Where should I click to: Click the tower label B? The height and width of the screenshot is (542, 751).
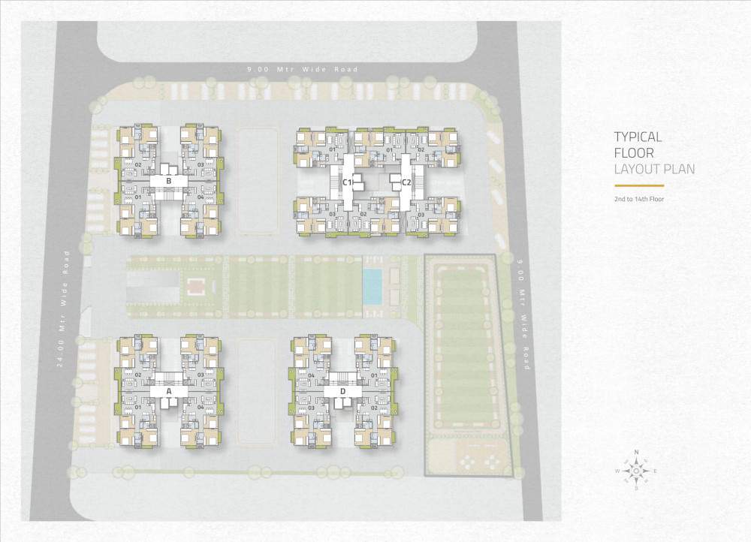click(169, 181)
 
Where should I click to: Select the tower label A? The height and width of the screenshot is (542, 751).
click(169, 391)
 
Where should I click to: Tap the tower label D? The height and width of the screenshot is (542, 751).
click(342, 391)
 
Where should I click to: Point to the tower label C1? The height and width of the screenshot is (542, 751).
click(348, 182)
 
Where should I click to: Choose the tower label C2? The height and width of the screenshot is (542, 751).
click(406, 182)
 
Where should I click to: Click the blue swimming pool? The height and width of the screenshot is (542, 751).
click(372, 286)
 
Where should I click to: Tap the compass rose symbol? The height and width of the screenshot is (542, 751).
click(636, 471)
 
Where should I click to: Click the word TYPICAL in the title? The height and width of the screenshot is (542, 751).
click(638, 137)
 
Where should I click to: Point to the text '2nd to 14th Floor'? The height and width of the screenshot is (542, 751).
click(639, 199)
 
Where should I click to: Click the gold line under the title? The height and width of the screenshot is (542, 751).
click(639, 185)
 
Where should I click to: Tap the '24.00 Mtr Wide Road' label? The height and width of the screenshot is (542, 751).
click(67, 307)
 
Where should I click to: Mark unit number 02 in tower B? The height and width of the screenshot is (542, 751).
click(138, 164)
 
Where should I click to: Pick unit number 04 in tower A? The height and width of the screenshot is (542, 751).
click(201, 407)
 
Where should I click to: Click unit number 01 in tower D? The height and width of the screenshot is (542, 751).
click(374, 375)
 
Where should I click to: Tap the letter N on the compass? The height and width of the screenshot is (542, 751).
click(636, 453)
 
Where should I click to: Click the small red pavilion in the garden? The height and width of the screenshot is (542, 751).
click(195, 285)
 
